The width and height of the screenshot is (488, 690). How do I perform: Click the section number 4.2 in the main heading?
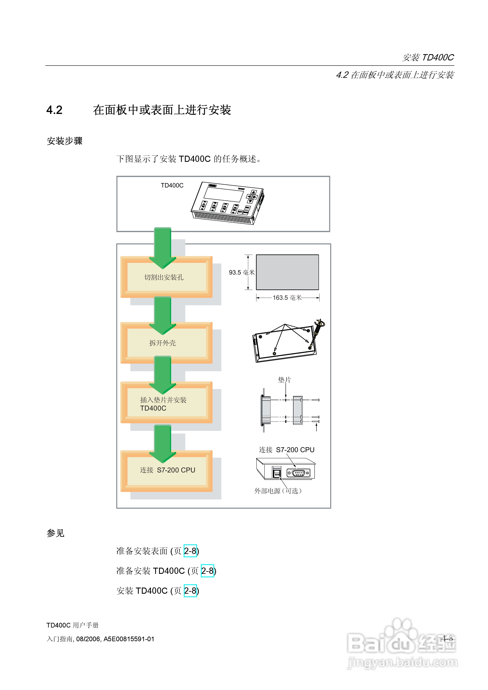pyautogui.click(x=55, y=110)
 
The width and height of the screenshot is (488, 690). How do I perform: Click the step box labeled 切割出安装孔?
pyautogui.click(x=166, y=277)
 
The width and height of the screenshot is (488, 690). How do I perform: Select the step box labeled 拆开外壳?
pyautogui.click(x=166, y=343)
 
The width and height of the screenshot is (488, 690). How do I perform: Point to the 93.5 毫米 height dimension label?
pyautogui.click(x=241, y=272)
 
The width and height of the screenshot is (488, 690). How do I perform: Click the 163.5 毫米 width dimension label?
pyautogui.click(x=287, y=297)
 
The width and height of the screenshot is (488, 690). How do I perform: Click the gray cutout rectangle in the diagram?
pyautogui.click(x=287, y=272)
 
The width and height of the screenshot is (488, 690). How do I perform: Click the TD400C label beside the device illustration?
pyautogui.click(x=172, y=185)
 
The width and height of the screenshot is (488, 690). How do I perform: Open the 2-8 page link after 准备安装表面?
pyautogui.click(x=190, y=551)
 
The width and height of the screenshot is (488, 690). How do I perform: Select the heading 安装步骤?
pyautogui.click(x=64, y=141)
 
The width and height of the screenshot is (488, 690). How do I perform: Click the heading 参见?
pyautogui.click(x=55, y=533)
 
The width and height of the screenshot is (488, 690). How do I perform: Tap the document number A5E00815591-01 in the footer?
pyautogui.click(x=129, y=639)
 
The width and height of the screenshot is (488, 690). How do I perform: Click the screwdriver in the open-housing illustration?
pyautogui.click(x=317, y=331)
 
